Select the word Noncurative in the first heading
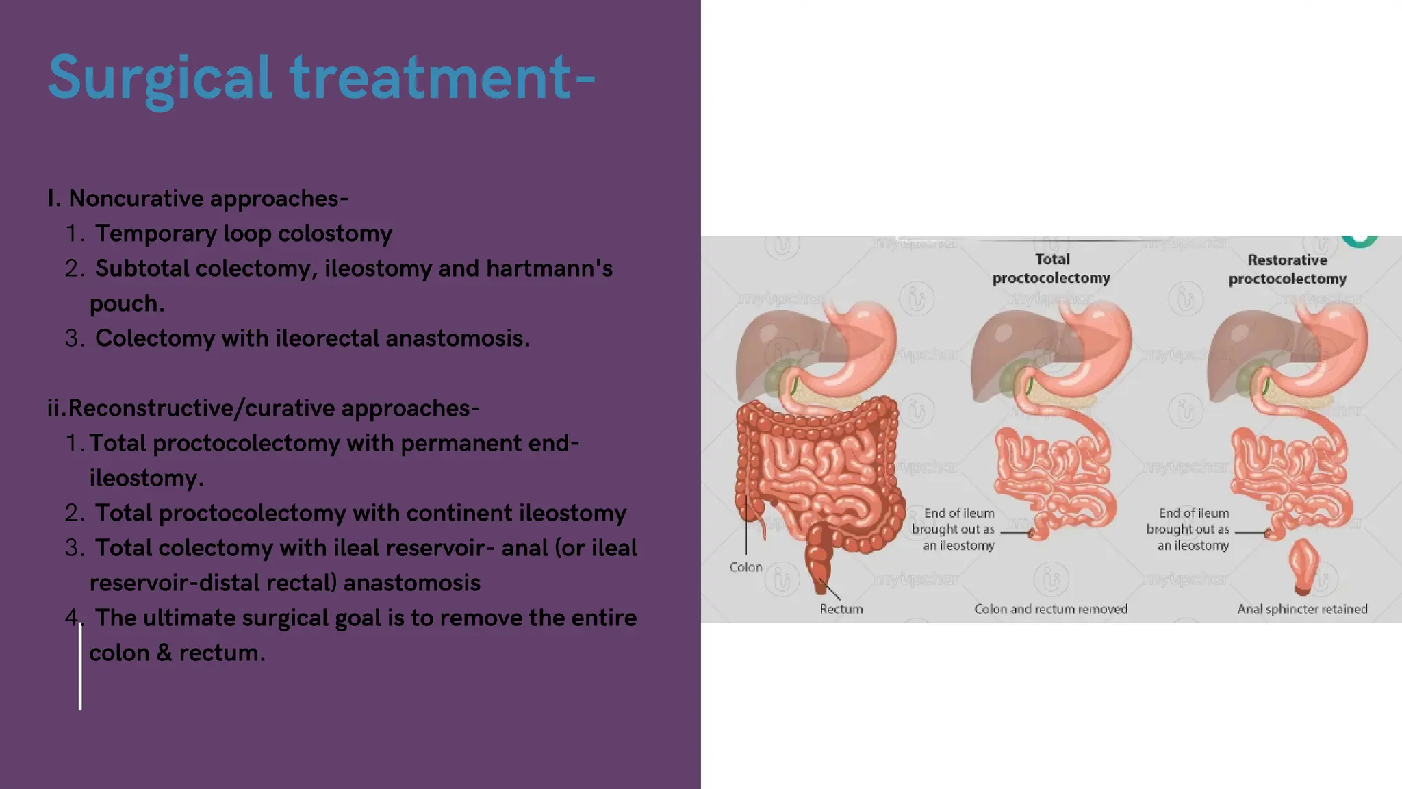click(136, 199)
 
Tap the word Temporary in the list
click(155, 234)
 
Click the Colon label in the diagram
click(745, 567)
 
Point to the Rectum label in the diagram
click(841, 609)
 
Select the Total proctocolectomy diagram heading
click(1051, 268)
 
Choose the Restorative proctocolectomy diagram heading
click(1287, 269)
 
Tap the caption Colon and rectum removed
click(1051, 609)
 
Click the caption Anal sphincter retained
click(1302, 609)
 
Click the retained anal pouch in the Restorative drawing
click(1303, 565)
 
